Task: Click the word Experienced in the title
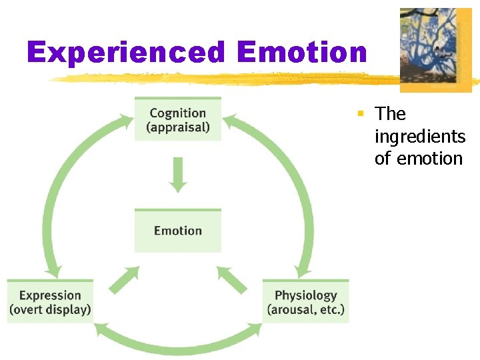(x=126, y=52)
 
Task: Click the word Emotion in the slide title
(x=301, y=52)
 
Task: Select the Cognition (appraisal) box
(x=178, y=119)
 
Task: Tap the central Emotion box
(x=178, y=231)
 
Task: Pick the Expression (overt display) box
(x=50, y=302)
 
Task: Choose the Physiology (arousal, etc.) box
(x=305, y=302)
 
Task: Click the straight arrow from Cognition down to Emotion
(x=177, y=173)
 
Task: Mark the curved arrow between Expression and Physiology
(x=177, y=345)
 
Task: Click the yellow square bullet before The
(x=360, y=114)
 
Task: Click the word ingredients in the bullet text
(x=420, y=137)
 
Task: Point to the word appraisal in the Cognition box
(x=178, y=127)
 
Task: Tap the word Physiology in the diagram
(x=306, y=295)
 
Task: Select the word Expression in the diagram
(x=50, y=295)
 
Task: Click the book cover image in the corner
(x=435, y=50)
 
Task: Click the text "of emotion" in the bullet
(x=418, y=159)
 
